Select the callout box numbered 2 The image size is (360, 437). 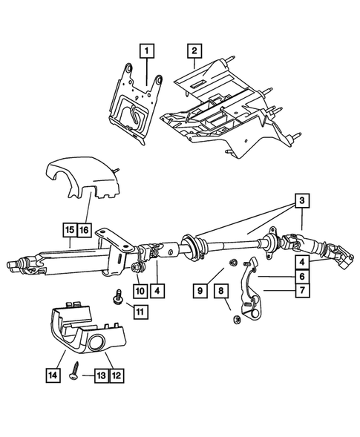[x=193, y=51]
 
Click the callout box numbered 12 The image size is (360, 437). [x=115, y=376]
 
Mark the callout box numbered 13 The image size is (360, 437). [x=98, y=376]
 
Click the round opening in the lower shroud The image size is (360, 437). [x=98, y=344]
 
